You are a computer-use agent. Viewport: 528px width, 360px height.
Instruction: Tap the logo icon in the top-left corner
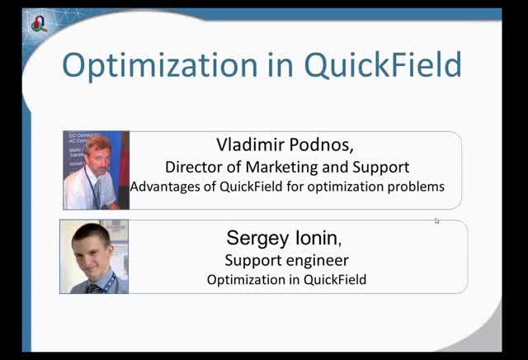click(x=39, y=23)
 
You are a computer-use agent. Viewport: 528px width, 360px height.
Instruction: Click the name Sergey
click(x=255, y=239)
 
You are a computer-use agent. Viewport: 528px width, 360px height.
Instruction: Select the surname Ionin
click(x=314, y=239)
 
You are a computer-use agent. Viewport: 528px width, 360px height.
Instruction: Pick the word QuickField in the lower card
click(x=334, y=280)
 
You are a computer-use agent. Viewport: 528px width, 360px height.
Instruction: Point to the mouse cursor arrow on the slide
click(x=436, y=220)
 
